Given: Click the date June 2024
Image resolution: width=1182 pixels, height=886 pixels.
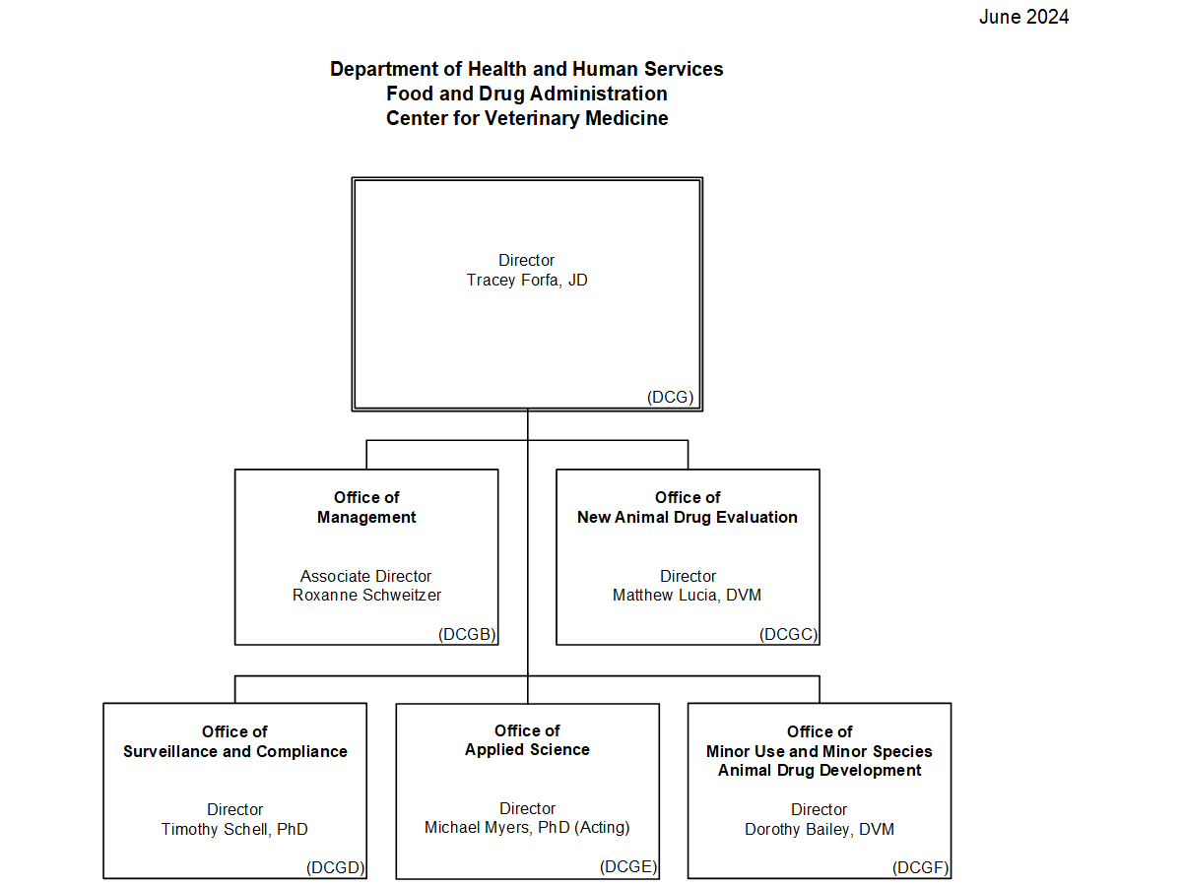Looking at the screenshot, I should click(x=1023, y=17).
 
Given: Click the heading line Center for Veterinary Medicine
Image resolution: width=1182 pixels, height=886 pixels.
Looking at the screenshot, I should click(x=527, y=118).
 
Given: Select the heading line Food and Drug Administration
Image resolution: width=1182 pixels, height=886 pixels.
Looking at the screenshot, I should click(x=527, y=94).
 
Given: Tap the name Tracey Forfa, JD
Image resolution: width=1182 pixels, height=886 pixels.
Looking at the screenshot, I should click(x=527, y=281).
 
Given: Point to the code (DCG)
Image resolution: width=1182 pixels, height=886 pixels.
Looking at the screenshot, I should click(x=671, y=398).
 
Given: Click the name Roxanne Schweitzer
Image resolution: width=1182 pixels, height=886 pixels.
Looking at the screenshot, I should click(x=366, y=596).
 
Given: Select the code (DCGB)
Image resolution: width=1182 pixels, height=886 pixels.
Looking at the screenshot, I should click(x=467, y=635).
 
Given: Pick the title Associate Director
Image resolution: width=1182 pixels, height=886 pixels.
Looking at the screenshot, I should click(x=366, y=576).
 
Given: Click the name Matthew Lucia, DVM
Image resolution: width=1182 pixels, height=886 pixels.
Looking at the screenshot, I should click(x=688, y=596).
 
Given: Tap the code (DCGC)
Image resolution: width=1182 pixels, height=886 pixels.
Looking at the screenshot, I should click(x=789, y=635).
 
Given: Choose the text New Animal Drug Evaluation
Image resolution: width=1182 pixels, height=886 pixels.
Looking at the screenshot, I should click(x=688, y=517).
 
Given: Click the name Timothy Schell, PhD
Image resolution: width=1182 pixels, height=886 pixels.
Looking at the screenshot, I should click(x=234, y=830).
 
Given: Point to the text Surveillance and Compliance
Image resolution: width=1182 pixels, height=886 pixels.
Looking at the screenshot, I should click(x=235, y=751).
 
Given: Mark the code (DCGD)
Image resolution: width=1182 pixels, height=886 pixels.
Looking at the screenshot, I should click(x=336, y=868).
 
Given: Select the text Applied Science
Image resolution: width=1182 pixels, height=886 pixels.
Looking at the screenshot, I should click(x=527, y=750).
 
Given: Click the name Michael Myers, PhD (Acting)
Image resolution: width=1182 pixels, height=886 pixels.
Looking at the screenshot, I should click(x=527, y=828).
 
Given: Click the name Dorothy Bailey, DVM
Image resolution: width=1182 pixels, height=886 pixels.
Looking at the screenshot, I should click(x=820, y=830).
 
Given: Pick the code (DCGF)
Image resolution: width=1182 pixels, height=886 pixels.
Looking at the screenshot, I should click(x=921, y=868).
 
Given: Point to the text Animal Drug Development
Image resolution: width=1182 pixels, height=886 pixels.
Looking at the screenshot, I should click(x=820, y=770).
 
